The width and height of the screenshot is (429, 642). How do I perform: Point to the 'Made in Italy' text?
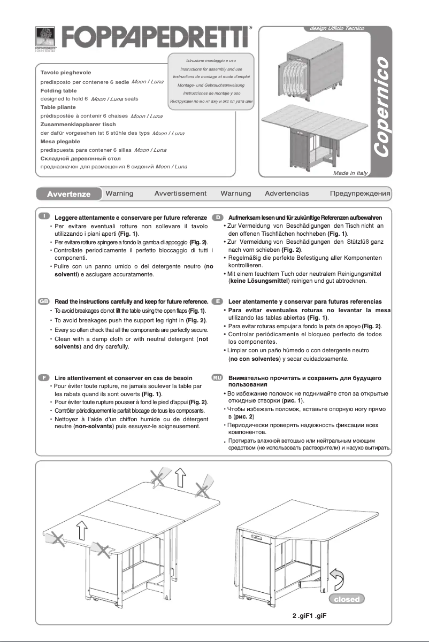(x=351, y=173)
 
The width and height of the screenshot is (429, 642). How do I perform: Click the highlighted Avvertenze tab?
(x=67, y=194)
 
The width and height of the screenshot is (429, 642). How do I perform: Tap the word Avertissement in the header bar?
(x=180, y=193)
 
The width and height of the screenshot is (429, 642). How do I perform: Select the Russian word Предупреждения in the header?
(x=360, y=193)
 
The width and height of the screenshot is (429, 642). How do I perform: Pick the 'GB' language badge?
(x=44, y=301)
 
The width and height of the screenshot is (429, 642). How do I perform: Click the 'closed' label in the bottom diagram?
(x=347, y=599)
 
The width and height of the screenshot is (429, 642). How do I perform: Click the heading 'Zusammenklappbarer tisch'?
(x=78, y=124)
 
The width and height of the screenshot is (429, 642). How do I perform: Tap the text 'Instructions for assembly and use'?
(x=211, y=69)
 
